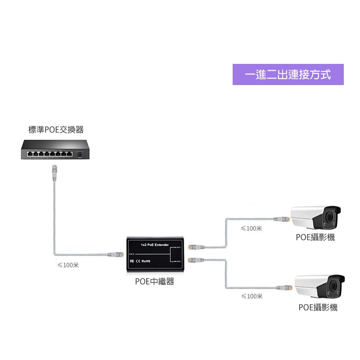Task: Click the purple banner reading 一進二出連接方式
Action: coord(288,75)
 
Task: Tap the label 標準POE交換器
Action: coord(56,130)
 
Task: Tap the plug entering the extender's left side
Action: coord(115,254)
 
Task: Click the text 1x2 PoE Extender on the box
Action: coord(154,245)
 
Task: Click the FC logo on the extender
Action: coord(132,261)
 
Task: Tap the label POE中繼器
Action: coord(154,282)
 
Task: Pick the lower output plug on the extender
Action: coord(195,260)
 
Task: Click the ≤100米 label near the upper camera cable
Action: coord(252,228)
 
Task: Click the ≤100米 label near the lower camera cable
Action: coord(252,296)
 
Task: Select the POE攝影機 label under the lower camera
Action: coord(318,307)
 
